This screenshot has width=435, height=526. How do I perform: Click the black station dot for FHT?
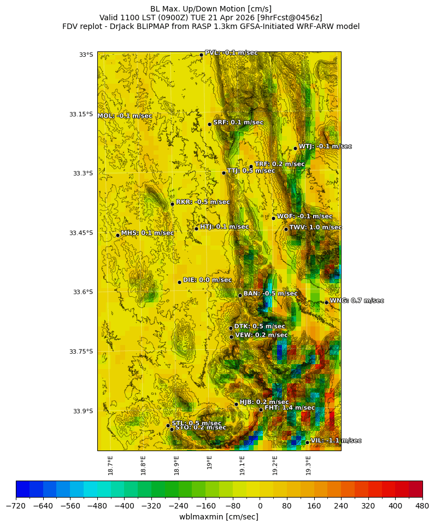click(x=261, y=410)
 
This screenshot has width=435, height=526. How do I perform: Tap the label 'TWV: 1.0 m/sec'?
click(x=315, y=227)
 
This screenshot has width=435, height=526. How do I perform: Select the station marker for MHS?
click(x=117, y=235)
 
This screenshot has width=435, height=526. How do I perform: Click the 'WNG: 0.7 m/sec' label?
click(x=356, y=301)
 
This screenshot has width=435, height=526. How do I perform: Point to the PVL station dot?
click(x=201, y=55)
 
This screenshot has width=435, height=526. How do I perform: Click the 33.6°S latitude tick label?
click(x=81, y=292)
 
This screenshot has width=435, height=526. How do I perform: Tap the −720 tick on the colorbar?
click(x=16, y=506)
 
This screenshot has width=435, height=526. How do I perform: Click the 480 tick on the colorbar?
click(x=422, y=506)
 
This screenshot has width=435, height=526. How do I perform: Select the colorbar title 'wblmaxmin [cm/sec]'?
click(x=219, y=517)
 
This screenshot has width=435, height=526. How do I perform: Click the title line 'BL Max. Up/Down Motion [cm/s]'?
click(x=211, y=9)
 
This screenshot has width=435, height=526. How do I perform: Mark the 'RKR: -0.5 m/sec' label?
click(x=203, y=202)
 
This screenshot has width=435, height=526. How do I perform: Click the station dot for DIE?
click(x=179, y=282)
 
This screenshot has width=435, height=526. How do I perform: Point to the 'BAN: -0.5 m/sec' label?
click(x=270, y=294)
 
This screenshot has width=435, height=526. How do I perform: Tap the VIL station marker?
click(x=307, y=442)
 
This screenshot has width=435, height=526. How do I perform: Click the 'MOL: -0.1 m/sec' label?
click(x=125, y=116)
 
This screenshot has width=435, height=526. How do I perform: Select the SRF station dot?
click(x=209, y=124)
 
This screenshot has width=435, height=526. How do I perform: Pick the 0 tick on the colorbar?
click(x=260, y=506)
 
